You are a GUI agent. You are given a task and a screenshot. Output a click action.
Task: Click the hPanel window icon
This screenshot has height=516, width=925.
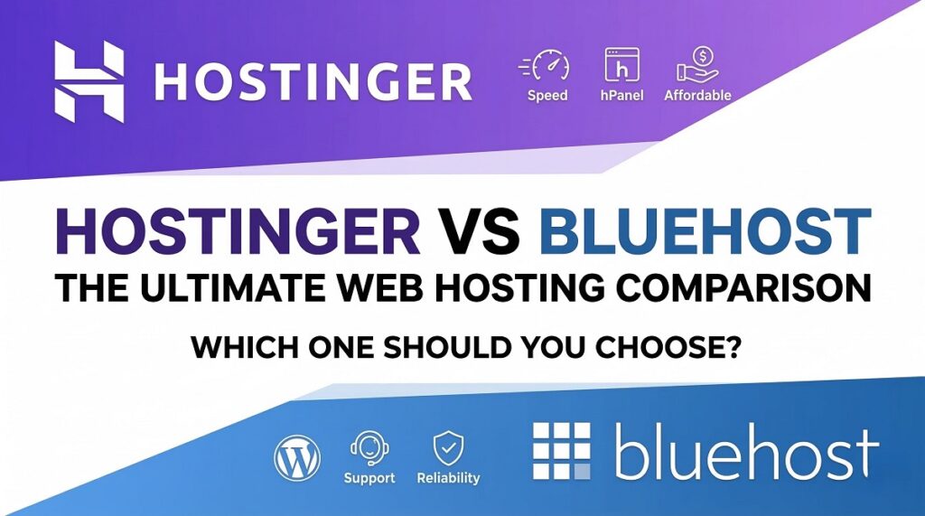coord(621,66)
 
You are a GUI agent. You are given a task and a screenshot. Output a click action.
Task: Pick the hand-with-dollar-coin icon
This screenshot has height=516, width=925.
coord(696,66)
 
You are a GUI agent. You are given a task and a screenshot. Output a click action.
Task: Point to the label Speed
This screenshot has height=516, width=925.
coord(547,95)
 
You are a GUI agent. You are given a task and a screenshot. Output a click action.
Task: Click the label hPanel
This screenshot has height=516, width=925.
coord(621,95)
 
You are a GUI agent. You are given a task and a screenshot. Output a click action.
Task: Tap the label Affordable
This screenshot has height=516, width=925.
coord(696,95)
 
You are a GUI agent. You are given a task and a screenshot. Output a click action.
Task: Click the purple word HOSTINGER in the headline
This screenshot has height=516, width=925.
coord(238,232)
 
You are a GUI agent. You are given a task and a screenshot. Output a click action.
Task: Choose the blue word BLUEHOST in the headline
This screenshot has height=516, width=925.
coord(705,232)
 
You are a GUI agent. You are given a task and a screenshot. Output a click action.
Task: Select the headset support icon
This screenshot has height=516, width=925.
coord(369,447)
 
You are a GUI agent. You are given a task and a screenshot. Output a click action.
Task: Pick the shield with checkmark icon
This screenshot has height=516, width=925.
coord(448,447)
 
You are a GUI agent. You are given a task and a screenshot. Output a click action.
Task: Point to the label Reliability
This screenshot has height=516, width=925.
coord(448,477)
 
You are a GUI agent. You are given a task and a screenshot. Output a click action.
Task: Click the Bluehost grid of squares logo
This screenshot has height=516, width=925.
coord(561,451)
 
